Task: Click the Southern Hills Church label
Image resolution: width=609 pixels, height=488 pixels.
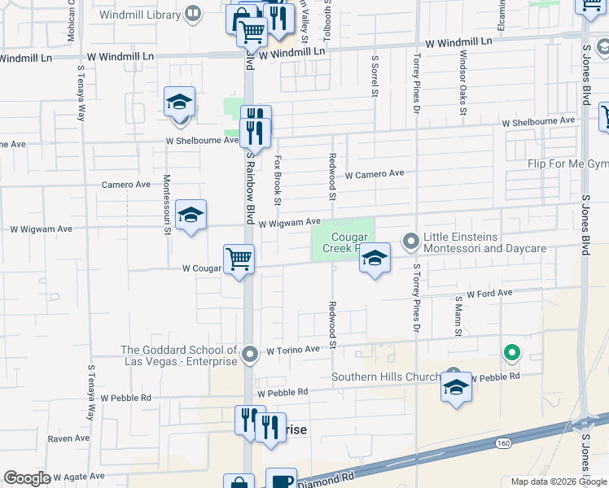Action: [386, 377]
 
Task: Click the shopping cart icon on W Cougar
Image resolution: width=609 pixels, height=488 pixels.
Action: [239, 260]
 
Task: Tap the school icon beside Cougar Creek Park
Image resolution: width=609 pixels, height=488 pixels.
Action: [374, 259]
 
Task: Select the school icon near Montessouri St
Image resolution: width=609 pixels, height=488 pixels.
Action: [191, 216]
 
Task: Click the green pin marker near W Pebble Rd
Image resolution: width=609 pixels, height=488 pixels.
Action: [511, 353]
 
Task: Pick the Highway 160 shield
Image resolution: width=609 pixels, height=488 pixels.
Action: [503, 442]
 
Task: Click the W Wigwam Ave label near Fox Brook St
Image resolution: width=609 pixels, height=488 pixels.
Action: [290, 222]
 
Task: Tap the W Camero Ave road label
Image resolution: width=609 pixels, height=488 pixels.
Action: [375, 174]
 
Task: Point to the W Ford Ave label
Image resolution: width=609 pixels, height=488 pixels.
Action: [489, 293]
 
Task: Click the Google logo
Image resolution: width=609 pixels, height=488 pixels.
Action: [28, 478]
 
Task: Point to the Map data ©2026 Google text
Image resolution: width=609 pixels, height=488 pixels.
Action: [558, 481]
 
